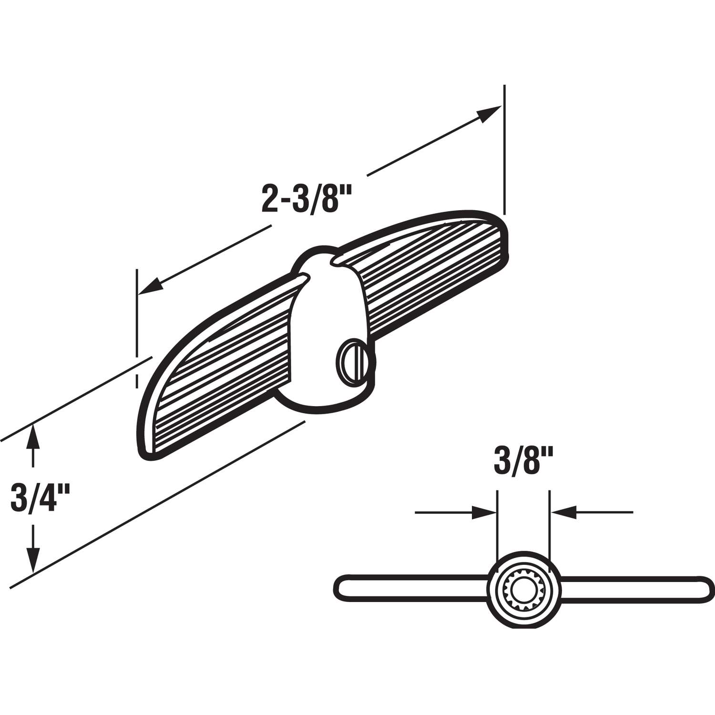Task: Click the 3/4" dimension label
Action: click(41, 497)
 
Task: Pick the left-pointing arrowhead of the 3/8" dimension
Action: click(564, 513)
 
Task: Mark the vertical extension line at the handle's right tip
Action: click(504, 148)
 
